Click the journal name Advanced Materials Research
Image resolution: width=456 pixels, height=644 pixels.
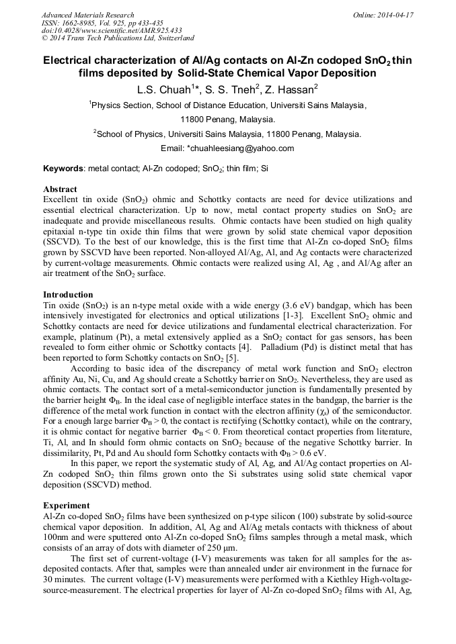pos(87,15)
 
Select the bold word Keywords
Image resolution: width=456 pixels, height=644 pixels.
pos(63,168)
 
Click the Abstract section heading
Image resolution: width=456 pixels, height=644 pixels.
pos(60,189)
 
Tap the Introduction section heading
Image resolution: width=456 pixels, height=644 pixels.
pos(68,295)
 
